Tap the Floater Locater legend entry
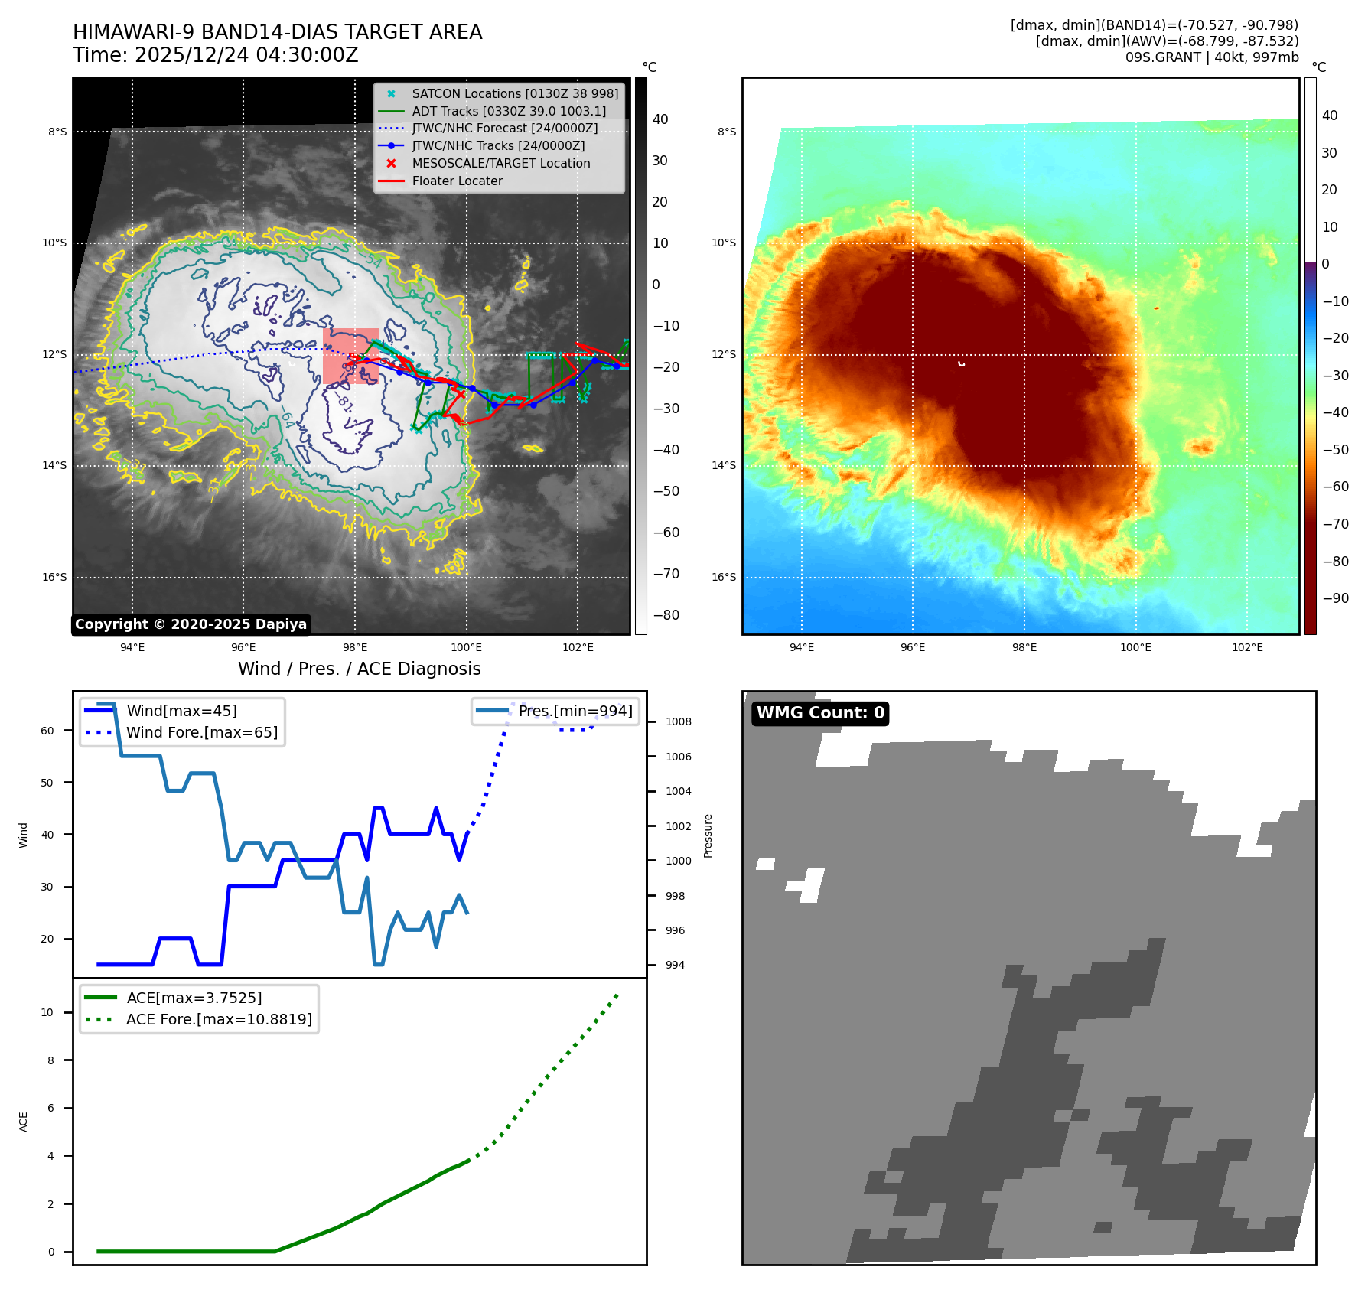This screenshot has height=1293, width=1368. [457, 181]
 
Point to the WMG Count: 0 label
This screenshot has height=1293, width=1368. [820, 713]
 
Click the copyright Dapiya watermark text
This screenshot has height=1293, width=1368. [191, 624]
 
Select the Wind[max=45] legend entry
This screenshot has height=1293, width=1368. [181, 711]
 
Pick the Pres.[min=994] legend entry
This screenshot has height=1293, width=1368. [575, 711]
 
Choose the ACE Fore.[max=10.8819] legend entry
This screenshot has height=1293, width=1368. [219, 1019]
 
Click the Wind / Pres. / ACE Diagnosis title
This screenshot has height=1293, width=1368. [360, 669]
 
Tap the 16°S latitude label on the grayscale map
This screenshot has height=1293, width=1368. [54, 577]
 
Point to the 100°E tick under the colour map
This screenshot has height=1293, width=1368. [1135, 647]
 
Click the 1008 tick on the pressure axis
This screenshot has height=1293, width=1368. [678, 721]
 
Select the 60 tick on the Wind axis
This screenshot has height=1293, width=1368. [47, 731]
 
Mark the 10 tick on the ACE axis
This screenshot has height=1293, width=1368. [47, 1012]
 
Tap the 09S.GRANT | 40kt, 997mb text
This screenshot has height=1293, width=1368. [1212, 57]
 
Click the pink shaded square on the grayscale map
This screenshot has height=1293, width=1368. [350, 356]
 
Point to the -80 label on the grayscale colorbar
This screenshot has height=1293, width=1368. [666, 615]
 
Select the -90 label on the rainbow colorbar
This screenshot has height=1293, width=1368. [1336, 598]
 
